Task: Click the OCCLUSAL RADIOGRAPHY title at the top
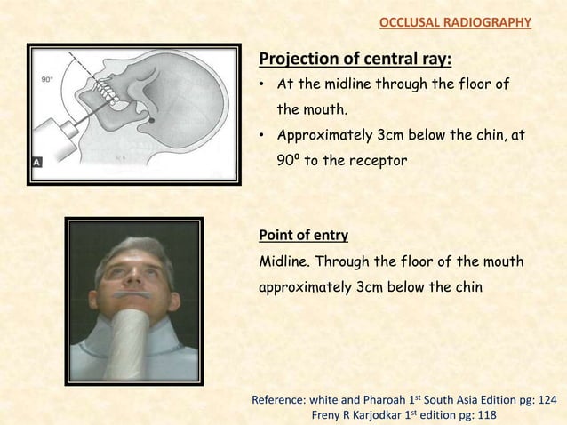(455, 21)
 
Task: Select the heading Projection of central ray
(355, 60)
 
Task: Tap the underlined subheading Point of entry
(302, 235)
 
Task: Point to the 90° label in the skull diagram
(47, 79)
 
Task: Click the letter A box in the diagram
(36, 163)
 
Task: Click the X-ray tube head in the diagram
(53, 143)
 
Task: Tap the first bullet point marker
(263, 87)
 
